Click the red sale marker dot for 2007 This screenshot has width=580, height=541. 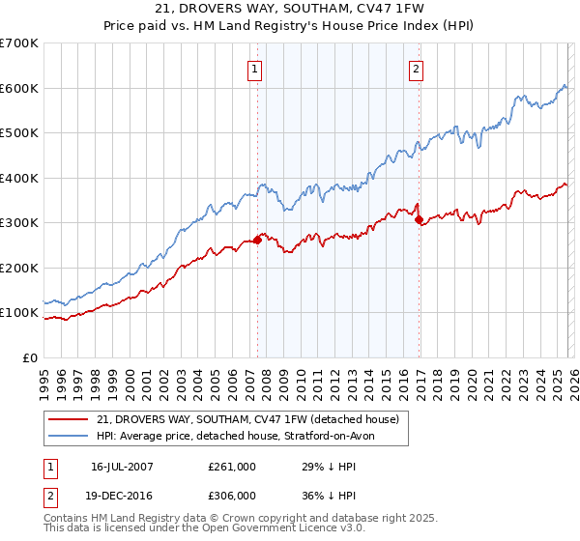(257, 241)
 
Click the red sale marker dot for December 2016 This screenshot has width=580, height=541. (419, 220)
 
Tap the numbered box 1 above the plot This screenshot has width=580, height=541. (253, 69)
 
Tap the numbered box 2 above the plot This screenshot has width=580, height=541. (415, 69)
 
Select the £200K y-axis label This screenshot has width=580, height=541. (19, 268)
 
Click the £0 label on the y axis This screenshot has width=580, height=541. (29, 357)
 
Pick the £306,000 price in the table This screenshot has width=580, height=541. (231, 494)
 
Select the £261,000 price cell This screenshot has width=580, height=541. (231, 467)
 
